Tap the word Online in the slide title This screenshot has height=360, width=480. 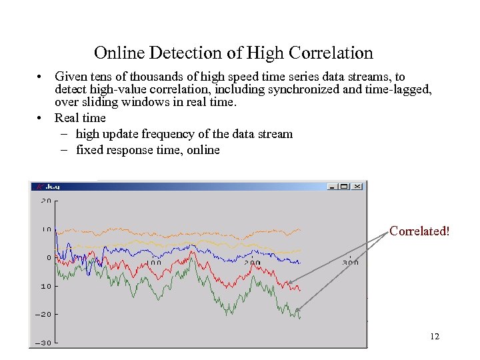pos(116,53)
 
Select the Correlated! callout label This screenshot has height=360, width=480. pos(419,231)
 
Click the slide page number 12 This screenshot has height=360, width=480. pos(435,337)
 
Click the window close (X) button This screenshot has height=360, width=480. pos(357,187)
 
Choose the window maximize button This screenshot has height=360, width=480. pos(345,187)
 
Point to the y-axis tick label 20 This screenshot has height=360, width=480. pos(46,201)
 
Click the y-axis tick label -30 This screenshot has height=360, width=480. pos(44,343)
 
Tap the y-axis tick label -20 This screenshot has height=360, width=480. pos(44,314)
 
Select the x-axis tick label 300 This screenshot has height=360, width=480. pos(350,263)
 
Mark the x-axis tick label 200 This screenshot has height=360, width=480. pos(252,263)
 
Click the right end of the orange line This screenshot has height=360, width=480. pos(301,230)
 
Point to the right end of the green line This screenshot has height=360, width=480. pos(301,317)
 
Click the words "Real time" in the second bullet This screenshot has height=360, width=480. pos(80,118)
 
